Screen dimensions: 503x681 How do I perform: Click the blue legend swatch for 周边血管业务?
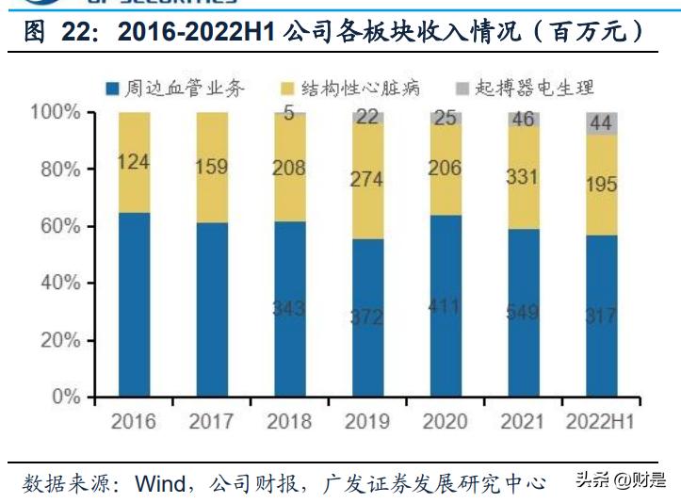(x=112, y=89)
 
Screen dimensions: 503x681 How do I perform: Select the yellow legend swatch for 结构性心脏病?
(x=288, y=89)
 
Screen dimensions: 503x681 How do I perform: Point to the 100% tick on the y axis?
(x=58, y=112)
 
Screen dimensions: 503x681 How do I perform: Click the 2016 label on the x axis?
(x=133, y=421)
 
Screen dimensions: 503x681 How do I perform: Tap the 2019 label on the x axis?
(x=367, y=421)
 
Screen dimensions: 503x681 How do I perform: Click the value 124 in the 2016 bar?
(x=134, y=161)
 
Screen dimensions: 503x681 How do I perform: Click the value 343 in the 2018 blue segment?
(x=289, y=308)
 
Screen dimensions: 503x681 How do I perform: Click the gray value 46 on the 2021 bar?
(x=523, y=120)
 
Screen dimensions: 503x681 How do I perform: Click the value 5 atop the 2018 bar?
(x=289, y=114)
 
